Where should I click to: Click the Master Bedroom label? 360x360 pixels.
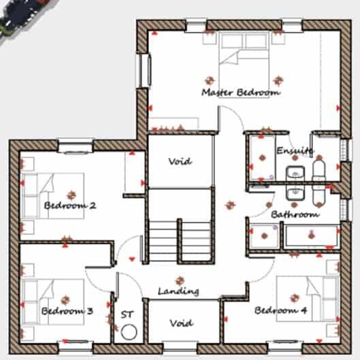tap(240, 92)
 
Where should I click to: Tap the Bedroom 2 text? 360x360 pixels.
tap(69, 206)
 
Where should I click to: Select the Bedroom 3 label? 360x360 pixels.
tap(67, 311)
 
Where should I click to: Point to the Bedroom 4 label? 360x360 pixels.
tap(280, 311)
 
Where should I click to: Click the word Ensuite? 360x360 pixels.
tap(295, 150)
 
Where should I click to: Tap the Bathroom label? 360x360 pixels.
tap(295, 214)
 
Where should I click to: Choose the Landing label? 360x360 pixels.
tap(178, 291)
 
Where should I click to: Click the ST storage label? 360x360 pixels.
tap(127, 314)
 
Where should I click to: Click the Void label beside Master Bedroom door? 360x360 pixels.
tap(180, 162)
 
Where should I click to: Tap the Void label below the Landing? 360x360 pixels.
tap(180, 323)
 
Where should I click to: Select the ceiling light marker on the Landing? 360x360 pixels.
tap(180, 280)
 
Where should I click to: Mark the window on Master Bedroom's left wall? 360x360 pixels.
tap(144, 69)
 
